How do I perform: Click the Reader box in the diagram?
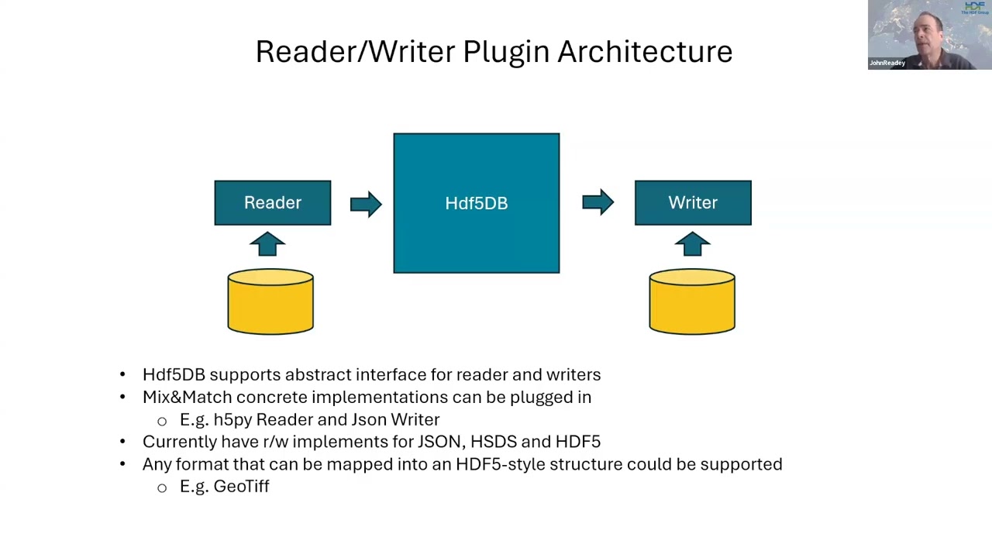click(x=272, y=203)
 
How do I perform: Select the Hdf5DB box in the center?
click(x=476, y=203)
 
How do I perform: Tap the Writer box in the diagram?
click(x=693, y=203)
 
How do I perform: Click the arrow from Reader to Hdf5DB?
click(x=366, y=204)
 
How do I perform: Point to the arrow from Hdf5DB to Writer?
click(x=598, y=203)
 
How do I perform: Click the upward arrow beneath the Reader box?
click(x=267, y=244)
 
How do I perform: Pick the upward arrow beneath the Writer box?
click(x=692, y=244)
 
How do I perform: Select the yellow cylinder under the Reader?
click(x=270, y=301)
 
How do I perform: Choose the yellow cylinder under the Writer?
click(x=692, y=301)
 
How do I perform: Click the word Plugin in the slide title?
click(x=506, y=52)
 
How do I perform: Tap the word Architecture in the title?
click(x=645, y=52)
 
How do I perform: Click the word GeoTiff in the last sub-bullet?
click(x=241, y=487)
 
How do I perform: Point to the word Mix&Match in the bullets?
click(x=187, y=397)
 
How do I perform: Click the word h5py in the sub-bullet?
click(x=232, y=420)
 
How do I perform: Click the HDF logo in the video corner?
click(x=974, y=8)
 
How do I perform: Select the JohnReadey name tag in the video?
click(x=887, y=63)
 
